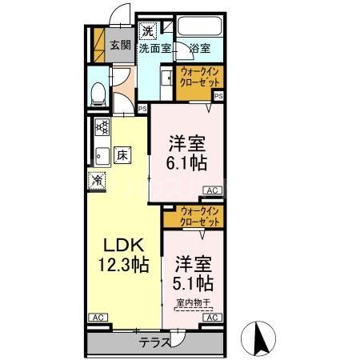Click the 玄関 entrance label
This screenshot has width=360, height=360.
pos(120,45)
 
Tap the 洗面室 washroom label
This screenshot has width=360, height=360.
pos(154,49)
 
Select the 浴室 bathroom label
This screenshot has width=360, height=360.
pos(200,49)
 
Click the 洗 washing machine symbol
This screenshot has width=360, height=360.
pos(147,32)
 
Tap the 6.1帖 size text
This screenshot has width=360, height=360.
pos(187,162)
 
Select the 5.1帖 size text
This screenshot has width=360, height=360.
pos(193,282)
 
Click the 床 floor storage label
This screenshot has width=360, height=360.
pos(122,154)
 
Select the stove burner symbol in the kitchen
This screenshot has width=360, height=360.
pos(102,126)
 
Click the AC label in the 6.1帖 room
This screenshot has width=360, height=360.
pos(212,190)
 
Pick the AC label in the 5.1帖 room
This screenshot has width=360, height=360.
pos(212,318)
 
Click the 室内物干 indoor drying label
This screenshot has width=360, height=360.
pos(193,302)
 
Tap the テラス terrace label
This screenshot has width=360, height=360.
pos(154,342)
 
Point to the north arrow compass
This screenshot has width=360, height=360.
pos(261,336)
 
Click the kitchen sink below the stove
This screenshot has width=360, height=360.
pos(101,154)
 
